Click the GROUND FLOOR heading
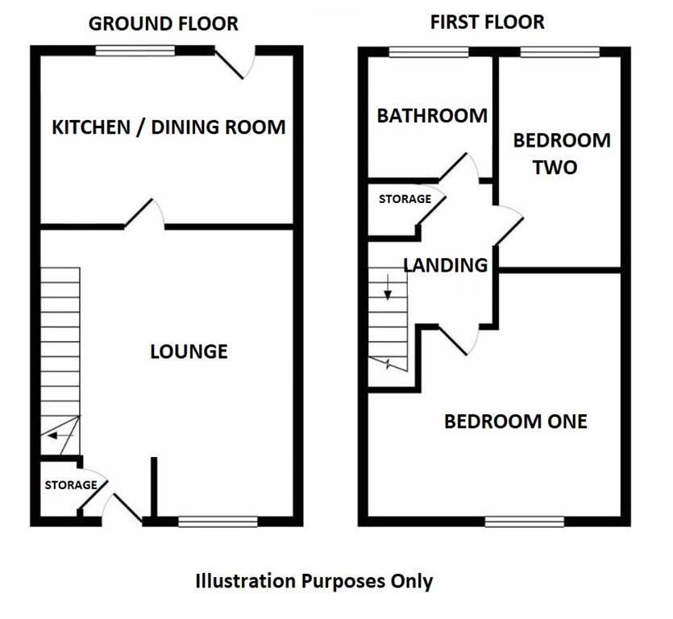pyautogui.click(x=163, y=23)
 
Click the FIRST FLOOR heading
pyautogui.click(x=487, y=22)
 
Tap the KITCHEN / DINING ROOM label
pyautogui.click(x=168, y=127)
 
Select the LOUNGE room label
pyautogui.click(x=189, y=351)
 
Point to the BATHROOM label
pyautogui.click(x=432, y=115)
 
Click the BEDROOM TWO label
pyautogui.click(x=562, y=153)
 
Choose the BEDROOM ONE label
pyautogui.click(x=515, y=421)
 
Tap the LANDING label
pyautogui.click(x=445, y=264)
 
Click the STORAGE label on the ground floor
pyautogui.click(x=70, y=485)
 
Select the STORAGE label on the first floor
pyautogui.click(x=405, y=199)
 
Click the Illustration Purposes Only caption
pyautogui.click(x=314, y=580)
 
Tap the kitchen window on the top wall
pyautogui.click(x=135, y=51)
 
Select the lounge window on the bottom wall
pyautogui.click(x=218, y=521)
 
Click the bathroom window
pyautogui.click(x=429, y=52)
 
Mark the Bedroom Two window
pyautogui.click(x=559, y=52)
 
